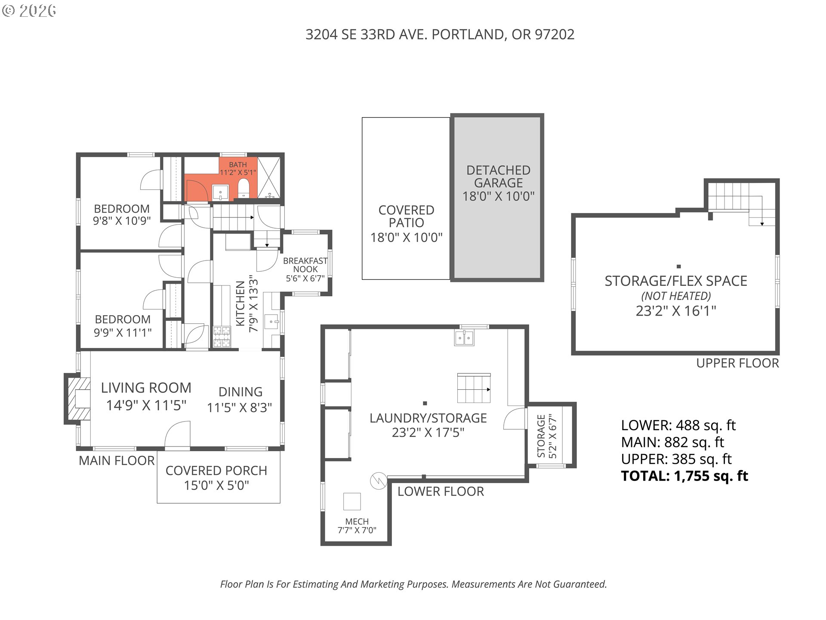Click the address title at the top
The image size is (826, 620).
(440, 34)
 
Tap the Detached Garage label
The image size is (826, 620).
(498, 177)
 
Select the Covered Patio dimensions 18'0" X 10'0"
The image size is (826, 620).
(406, 237)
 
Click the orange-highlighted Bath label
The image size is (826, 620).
(237, 164)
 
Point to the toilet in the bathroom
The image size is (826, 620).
(243, 188)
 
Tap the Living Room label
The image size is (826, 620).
(146, 388)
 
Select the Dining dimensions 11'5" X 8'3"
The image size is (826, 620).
(239, 407)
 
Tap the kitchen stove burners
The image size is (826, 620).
(222, 337)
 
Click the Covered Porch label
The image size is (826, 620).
(216, 471)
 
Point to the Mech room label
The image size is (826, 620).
(357, 521)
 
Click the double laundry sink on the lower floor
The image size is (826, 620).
(464, 338)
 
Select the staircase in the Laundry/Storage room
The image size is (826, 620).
(473, 388)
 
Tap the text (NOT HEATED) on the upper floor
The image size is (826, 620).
(676, 296)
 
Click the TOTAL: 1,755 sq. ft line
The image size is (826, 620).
(684, 476)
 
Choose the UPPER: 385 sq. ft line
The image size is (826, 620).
(676, 459)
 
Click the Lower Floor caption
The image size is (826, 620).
(441, 491)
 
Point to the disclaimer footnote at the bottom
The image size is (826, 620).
(413, 584)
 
